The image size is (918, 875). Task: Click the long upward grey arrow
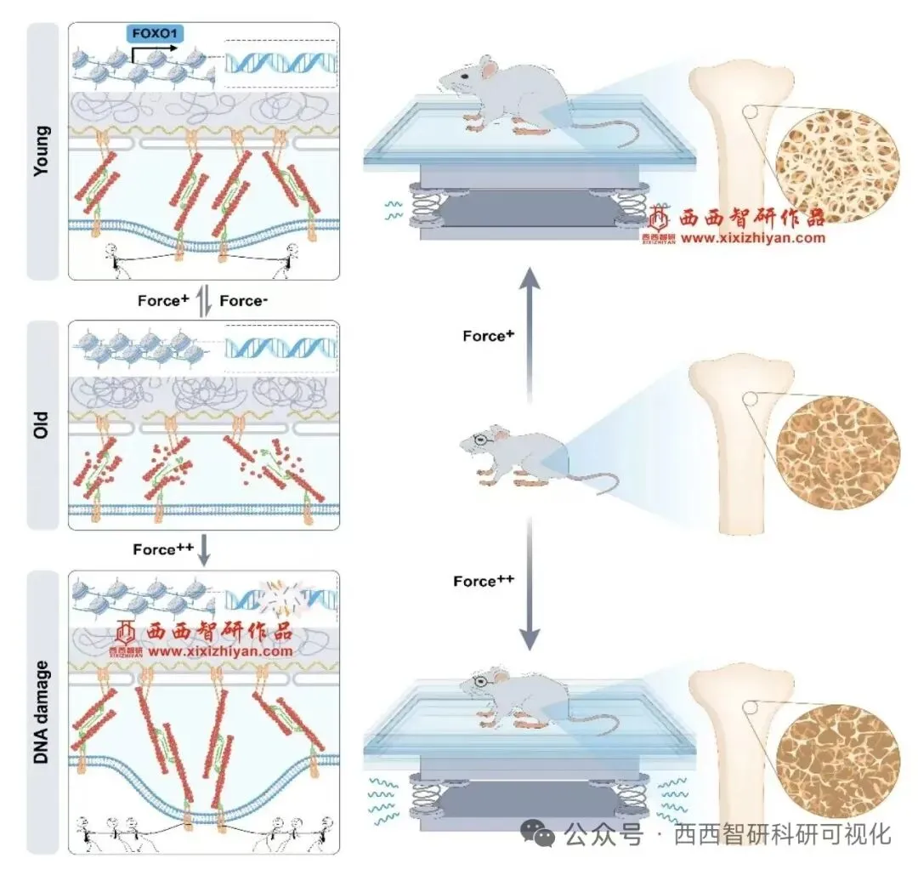click(x=529, y=332)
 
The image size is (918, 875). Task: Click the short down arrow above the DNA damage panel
click(x=204, y=553)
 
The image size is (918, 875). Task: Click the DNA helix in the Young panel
click(x=280, y=63)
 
